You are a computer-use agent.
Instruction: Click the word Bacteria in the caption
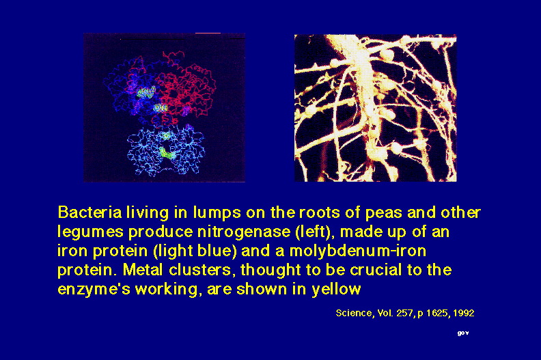(89, 212)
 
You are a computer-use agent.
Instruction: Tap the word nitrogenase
(244, 232)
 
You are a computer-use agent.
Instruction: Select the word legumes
(90, 232)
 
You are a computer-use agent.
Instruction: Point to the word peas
(383, 213)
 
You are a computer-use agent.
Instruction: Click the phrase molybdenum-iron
(358, 251)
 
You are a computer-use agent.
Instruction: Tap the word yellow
(336, 289)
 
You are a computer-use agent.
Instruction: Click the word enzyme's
(94, 289)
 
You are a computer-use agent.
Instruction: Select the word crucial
(376, 270)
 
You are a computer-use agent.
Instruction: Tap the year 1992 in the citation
(463, 313)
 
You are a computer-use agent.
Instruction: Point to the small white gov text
(463, 333)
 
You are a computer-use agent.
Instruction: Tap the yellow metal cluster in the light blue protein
(167, 152)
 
